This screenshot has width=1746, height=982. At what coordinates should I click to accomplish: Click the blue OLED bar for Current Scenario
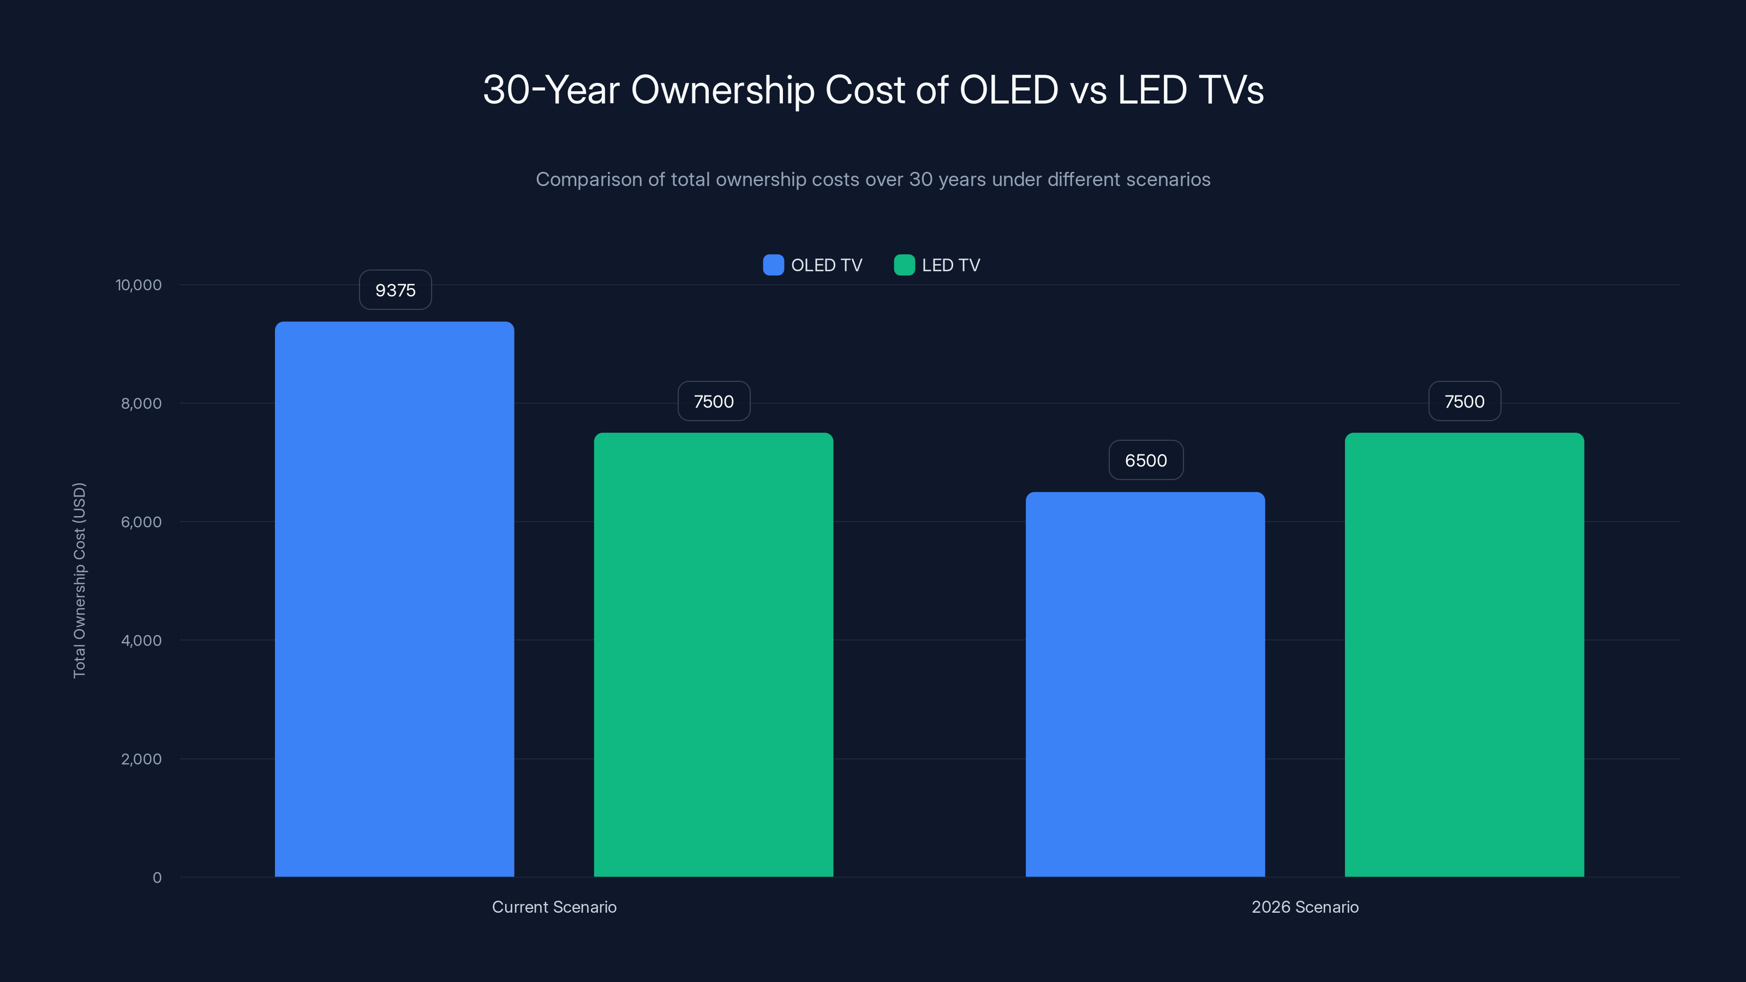coord(394,599)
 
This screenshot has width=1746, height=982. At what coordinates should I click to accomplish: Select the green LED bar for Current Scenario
coord(713,655)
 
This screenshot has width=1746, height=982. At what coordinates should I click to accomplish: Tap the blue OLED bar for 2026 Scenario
coord(1145,685)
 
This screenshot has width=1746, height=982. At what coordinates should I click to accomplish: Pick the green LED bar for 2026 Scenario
coord(1464,655)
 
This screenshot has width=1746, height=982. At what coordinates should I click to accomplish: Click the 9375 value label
coord(395,290)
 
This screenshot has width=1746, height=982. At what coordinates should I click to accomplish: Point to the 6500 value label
coord(1145,460)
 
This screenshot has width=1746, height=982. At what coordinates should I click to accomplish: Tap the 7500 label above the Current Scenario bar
coord(714,401)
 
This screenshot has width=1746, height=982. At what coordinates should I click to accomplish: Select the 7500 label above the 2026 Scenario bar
coord(1464,401)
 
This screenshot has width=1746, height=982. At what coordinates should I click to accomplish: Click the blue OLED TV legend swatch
coord(773,265)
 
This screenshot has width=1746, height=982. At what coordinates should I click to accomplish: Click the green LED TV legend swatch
coord(904,265)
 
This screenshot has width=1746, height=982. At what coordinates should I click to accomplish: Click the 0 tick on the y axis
coord(157,878)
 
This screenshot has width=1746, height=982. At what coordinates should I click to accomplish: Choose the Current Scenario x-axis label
coord(554,907)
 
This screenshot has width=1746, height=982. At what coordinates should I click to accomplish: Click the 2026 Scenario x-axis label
coord(1304,907)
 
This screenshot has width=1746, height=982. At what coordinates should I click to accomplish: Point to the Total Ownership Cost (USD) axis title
coord(79,579)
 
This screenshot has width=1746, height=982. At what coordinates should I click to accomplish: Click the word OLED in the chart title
coord(1008,89)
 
